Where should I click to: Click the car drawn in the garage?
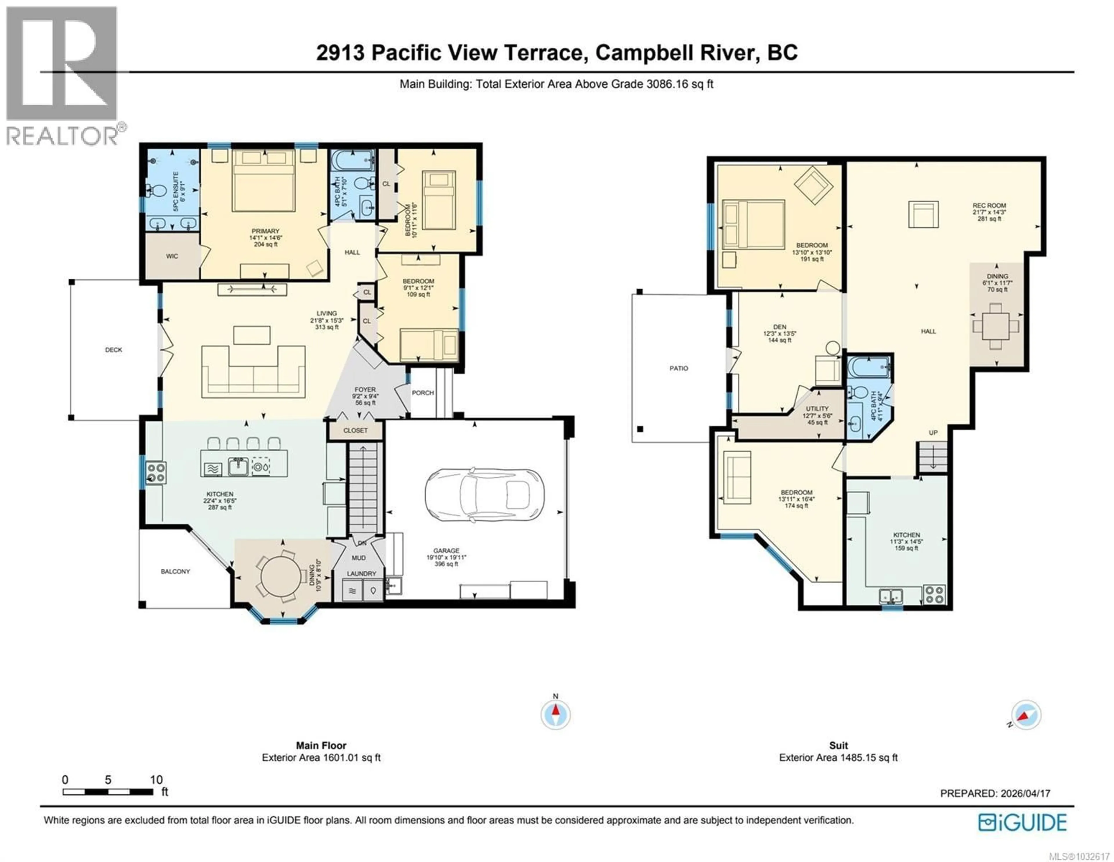pyautogui.click(x=484, y=494)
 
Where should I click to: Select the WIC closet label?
pyautogui.click(x=172, y=256)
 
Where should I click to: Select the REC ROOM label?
pyautogui.click(x=989, y=206)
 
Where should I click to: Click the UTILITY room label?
pyautogui.click(x=817, y=409)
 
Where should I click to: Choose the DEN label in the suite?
pyautogui.click(x=780, y=327)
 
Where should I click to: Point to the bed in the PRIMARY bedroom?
pyautogui.click(x=264, y=181)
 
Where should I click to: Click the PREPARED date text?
pyautogui.click(x=995, y=793)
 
